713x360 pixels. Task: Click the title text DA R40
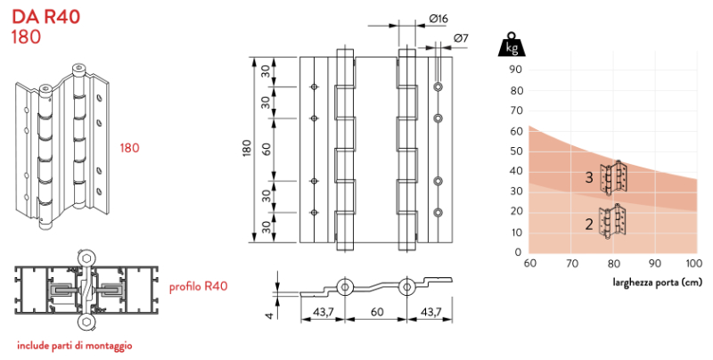coord(44,16)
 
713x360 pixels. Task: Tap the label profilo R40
coord(199,286)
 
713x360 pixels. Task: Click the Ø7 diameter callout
coord(461,37)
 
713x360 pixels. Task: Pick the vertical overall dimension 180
coord(247,147)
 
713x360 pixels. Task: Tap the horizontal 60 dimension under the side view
coord(378,312)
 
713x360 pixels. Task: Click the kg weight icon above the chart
coord(512,45)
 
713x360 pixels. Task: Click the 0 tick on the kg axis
coord(517,252)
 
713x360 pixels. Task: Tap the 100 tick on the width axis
coord(693,264)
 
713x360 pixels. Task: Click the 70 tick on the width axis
coord(570,264)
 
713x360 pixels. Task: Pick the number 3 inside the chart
coord(589,178)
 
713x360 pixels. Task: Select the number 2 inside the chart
coord(589,223)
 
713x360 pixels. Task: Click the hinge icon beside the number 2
coord(612,221)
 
